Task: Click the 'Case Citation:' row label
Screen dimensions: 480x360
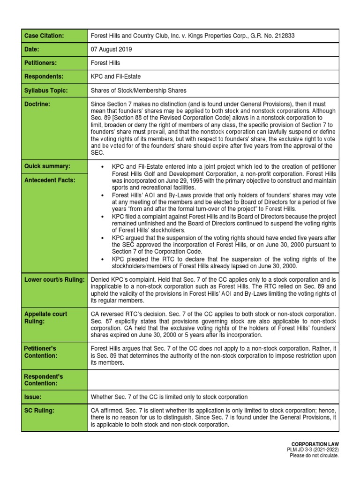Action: [x=44, y=36]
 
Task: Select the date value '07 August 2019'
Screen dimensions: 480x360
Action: [x=112, y=49]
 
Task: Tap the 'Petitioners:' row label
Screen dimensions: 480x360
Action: [x=41, y=63]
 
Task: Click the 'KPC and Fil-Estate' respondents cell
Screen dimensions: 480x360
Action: [x=115, y=76]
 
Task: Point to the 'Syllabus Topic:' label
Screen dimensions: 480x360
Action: [x=46, y=90]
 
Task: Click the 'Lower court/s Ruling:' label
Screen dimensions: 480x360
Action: [x=54, y=280]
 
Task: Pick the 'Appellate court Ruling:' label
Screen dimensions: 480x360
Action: [x=45, y=317]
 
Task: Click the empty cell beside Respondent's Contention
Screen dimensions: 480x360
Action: [x=213, y=380]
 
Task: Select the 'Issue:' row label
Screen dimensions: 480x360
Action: [x=33, y=397]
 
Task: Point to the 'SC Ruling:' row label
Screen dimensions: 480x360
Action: [x=39, y=411]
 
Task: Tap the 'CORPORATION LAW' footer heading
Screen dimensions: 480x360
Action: [x=315, y=443]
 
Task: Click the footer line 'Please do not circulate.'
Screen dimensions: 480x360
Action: [x=314, y=455]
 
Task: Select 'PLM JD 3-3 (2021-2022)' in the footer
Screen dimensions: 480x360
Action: [x=313, y=450]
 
